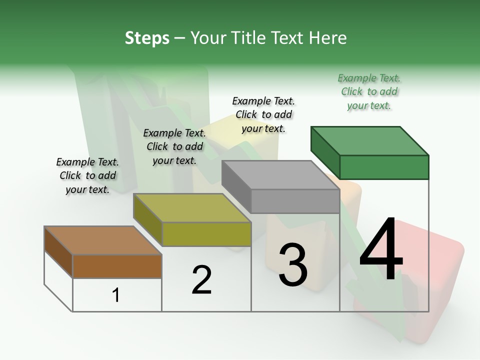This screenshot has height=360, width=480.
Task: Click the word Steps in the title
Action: [147, 38]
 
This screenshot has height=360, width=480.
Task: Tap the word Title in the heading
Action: [253, 38]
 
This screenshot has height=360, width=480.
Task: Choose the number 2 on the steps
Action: [201, 279]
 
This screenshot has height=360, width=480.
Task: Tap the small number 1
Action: [116, 295]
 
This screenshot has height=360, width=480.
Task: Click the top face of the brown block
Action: [102, 240]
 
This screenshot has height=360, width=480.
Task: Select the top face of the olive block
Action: [191, 208]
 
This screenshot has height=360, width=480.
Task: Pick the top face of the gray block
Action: [280, 175]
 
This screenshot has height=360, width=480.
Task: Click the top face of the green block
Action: [369, 141]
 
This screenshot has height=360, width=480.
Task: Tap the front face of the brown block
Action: [117, 266]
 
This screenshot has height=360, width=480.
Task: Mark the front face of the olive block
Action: [206, 234]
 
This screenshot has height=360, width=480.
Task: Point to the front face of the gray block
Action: [295, 201]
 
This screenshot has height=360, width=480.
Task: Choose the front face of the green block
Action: [384, 167]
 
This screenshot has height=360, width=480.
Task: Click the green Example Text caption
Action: [369, 92]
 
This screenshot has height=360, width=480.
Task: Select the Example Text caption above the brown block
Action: [87, 175]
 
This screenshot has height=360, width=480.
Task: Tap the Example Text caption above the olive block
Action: [174, 146]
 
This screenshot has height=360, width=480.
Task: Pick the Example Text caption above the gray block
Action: [263, 114]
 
